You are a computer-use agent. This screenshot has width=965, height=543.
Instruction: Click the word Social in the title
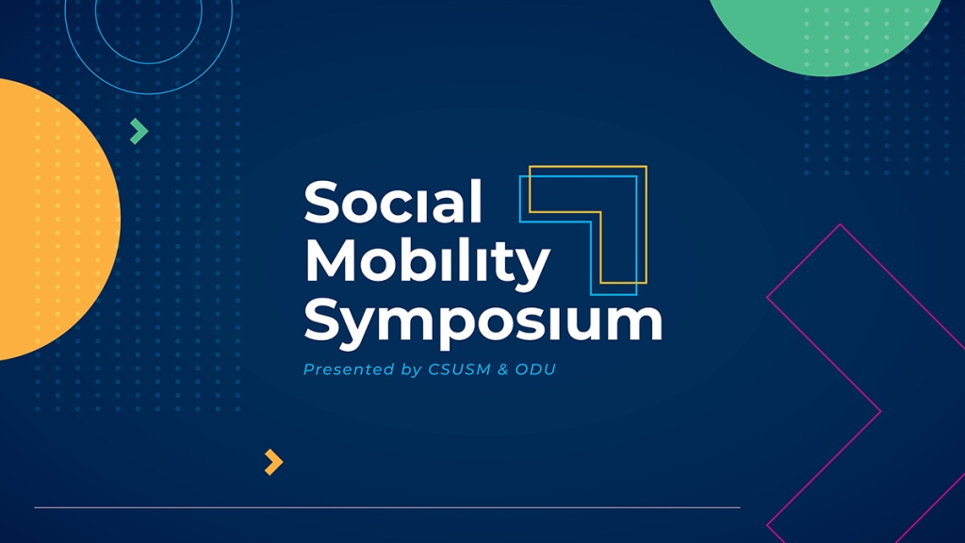[x=393, y=202]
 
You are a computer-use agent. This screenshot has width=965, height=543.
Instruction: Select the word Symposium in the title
[x=483, y=321]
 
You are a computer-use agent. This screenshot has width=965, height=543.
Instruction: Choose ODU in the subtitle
[x=535, y=370]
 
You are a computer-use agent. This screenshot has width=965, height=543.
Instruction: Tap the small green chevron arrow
[x=139, y=131]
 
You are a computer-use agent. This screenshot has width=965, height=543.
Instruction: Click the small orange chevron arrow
[x=274, y=462]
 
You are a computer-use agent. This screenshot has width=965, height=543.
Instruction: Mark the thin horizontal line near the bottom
[x=387, y=507]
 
